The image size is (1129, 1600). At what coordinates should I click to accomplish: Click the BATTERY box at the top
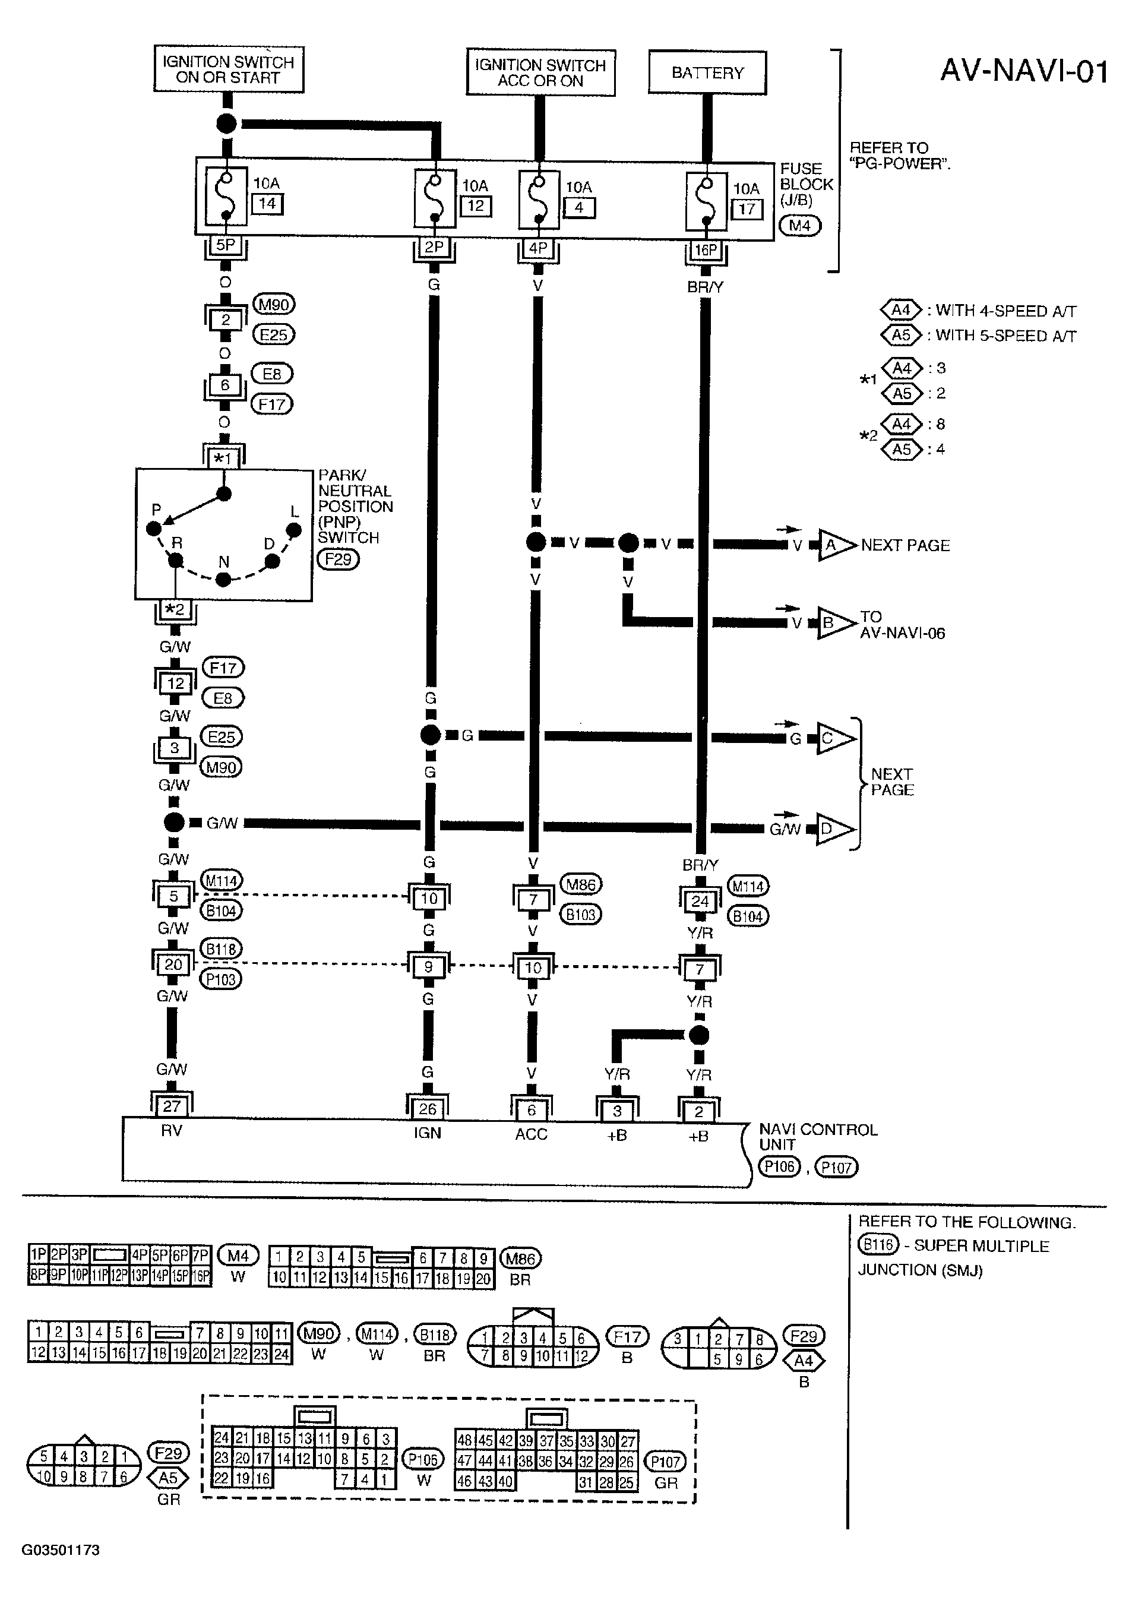tap(707, 72)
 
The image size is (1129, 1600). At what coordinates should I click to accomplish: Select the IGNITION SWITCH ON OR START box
tap(228, 69)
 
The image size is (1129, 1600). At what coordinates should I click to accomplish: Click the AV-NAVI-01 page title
tap(1023, 71)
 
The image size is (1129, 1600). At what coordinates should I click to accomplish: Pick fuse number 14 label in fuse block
tap(267, 204)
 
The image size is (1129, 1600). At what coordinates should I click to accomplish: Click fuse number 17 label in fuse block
tap(747, 209)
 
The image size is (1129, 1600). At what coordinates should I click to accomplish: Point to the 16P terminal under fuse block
tap(706, 250)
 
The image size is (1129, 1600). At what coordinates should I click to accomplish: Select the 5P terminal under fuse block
tap(225, 245)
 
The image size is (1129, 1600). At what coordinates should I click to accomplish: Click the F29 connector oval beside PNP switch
tap(338, 559)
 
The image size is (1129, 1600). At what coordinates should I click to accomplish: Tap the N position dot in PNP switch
tap(223, 579)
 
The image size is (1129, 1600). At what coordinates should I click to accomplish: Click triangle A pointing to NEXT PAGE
tap(834, 545)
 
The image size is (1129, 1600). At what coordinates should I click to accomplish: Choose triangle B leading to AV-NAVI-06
tap(833, 622)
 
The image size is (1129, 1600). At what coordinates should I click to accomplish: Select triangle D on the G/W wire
tap(833, 829)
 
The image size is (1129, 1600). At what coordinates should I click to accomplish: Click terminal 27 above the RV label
tap(172, 1106)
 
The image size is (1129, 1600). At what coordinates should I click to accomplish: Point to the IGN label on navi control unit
tap(427, 1134)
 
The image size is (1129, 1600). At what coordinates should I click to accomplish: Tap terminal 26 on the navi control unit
tap(427, 1109)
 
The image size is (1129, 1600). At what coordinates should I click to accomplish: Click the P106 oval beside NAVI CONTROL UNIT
tap(779, 1166)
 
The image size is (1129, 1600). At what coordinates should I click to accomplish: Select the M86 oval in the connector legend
tap(520, 1259)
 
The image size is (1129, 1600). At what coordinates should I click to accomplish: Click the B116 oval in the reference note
tap(877, 1245)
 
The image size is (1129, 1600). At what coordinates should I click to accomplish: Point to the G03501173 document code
tap(61, 1550)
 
